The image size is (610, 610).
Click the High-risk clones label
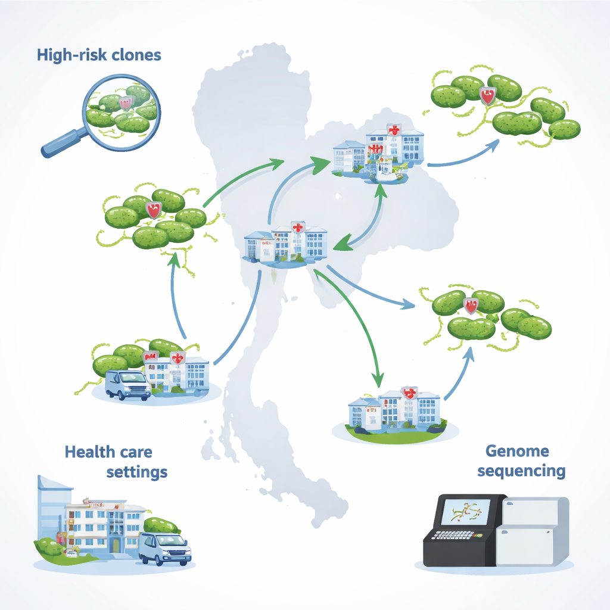coord(98,55)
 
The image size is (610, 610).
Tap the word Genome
coord(516,450)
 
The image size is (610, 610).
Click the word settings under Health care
coord(136,472)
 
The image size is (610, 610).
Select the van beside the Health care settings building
coord(164,547)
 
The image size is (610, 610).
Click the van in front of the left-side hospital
coord(127,384)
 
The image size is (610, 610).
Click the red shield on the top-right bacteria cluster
coord(488,95)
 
